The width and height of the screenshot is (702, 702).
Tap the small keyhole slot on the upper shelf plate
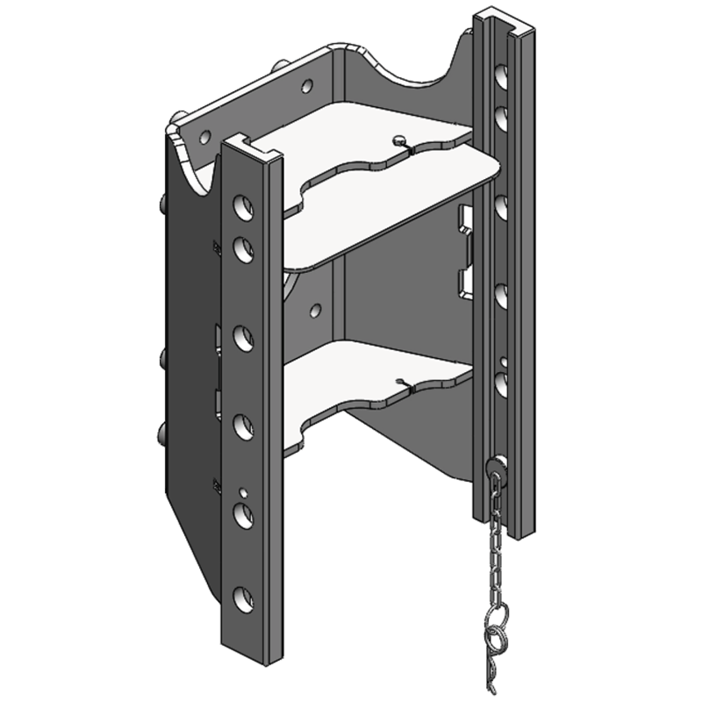tap(400, 139)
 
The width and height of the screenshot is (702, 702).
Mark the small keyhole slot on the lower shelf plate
tap(401, 382)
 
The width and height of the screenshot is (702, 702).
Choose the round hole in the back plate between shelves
tap(313, 310)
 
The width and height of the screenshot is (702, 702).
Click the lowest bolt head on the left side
tap(161, 432)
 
